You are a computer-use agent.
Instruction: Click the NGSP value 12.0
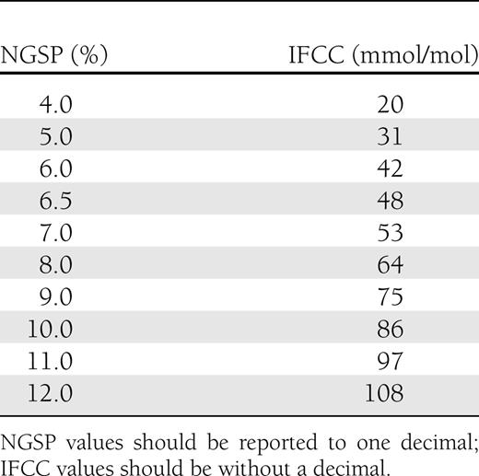pyautogui.click(x=55, y=393)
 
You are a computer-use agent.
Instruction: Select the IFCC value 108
pyautogui.click(x=383, y=393)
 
